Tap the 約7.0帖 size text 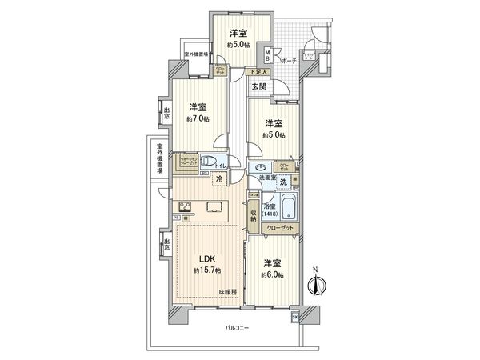tap(198, 119)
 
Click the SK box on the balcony tap(294, 318)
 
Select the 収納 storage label tap(253, 214)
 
